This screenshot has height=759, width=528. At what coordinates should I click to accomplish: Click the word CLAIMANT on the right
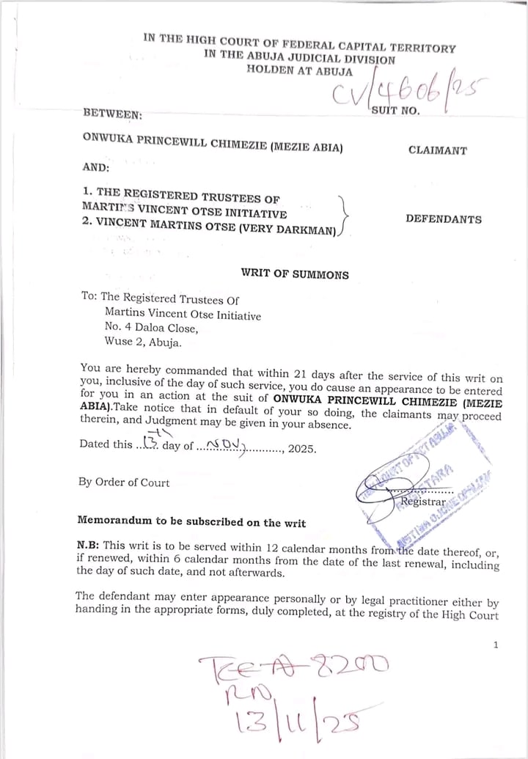tap(438, 151)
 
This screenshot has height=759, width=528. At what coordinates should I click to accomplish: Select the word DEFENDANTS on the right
tap(444, 219)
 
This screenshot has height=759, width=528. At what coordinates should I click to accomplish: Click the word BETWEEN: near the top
tap(113, 114)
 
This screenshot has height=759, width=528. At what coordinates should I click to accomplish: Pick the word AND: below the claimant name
tap(96, 167)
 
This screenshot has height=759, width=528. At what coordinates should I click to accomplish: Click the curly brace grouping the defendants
tap(344, 216)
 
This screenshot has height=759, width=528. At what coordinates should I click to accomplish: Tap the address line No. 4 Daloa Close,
tap(151, 328)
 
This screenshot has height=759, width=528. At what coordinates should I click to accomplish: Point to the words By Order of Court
tap(124, 483)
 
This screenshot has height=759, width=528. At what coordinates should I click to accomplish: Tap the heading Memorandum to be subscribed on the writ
tap(191, 522)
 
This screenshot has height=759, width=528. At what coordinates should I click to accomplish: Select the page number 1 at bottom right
tap(496, 645)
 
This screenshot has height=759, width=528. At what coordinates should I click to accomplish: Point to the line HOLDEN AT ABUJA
tap(299, 71)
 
